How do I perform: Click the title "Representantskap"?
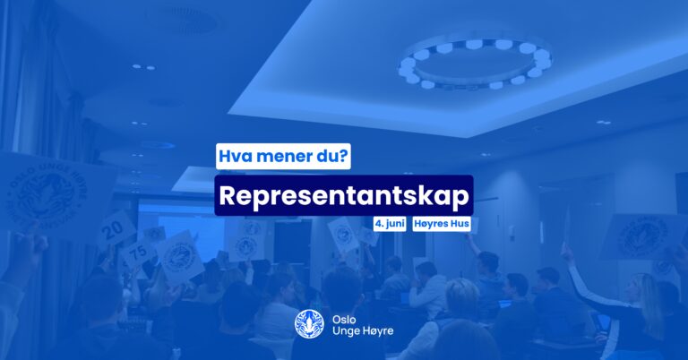coord(344,195)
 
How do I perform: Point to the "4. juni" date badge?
coord(390,224)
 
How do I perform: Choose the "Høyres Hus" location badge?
coord(442,224)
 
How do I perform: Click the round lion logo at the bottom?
coord(309,324)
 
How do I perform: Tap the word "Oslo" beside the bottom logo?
coord(344,319)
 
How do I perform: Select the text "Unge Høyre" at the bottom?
coord(363,330)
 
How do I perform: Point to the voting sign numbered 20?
coord(116,230)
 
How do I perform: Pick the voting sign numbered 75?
coord(137,254)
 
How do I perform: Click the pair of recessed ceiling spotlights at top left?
coord(143,67)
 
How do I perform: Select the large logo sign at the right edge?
coord(644,236)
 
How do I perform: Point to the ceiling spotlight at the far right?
coord(604,122)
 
